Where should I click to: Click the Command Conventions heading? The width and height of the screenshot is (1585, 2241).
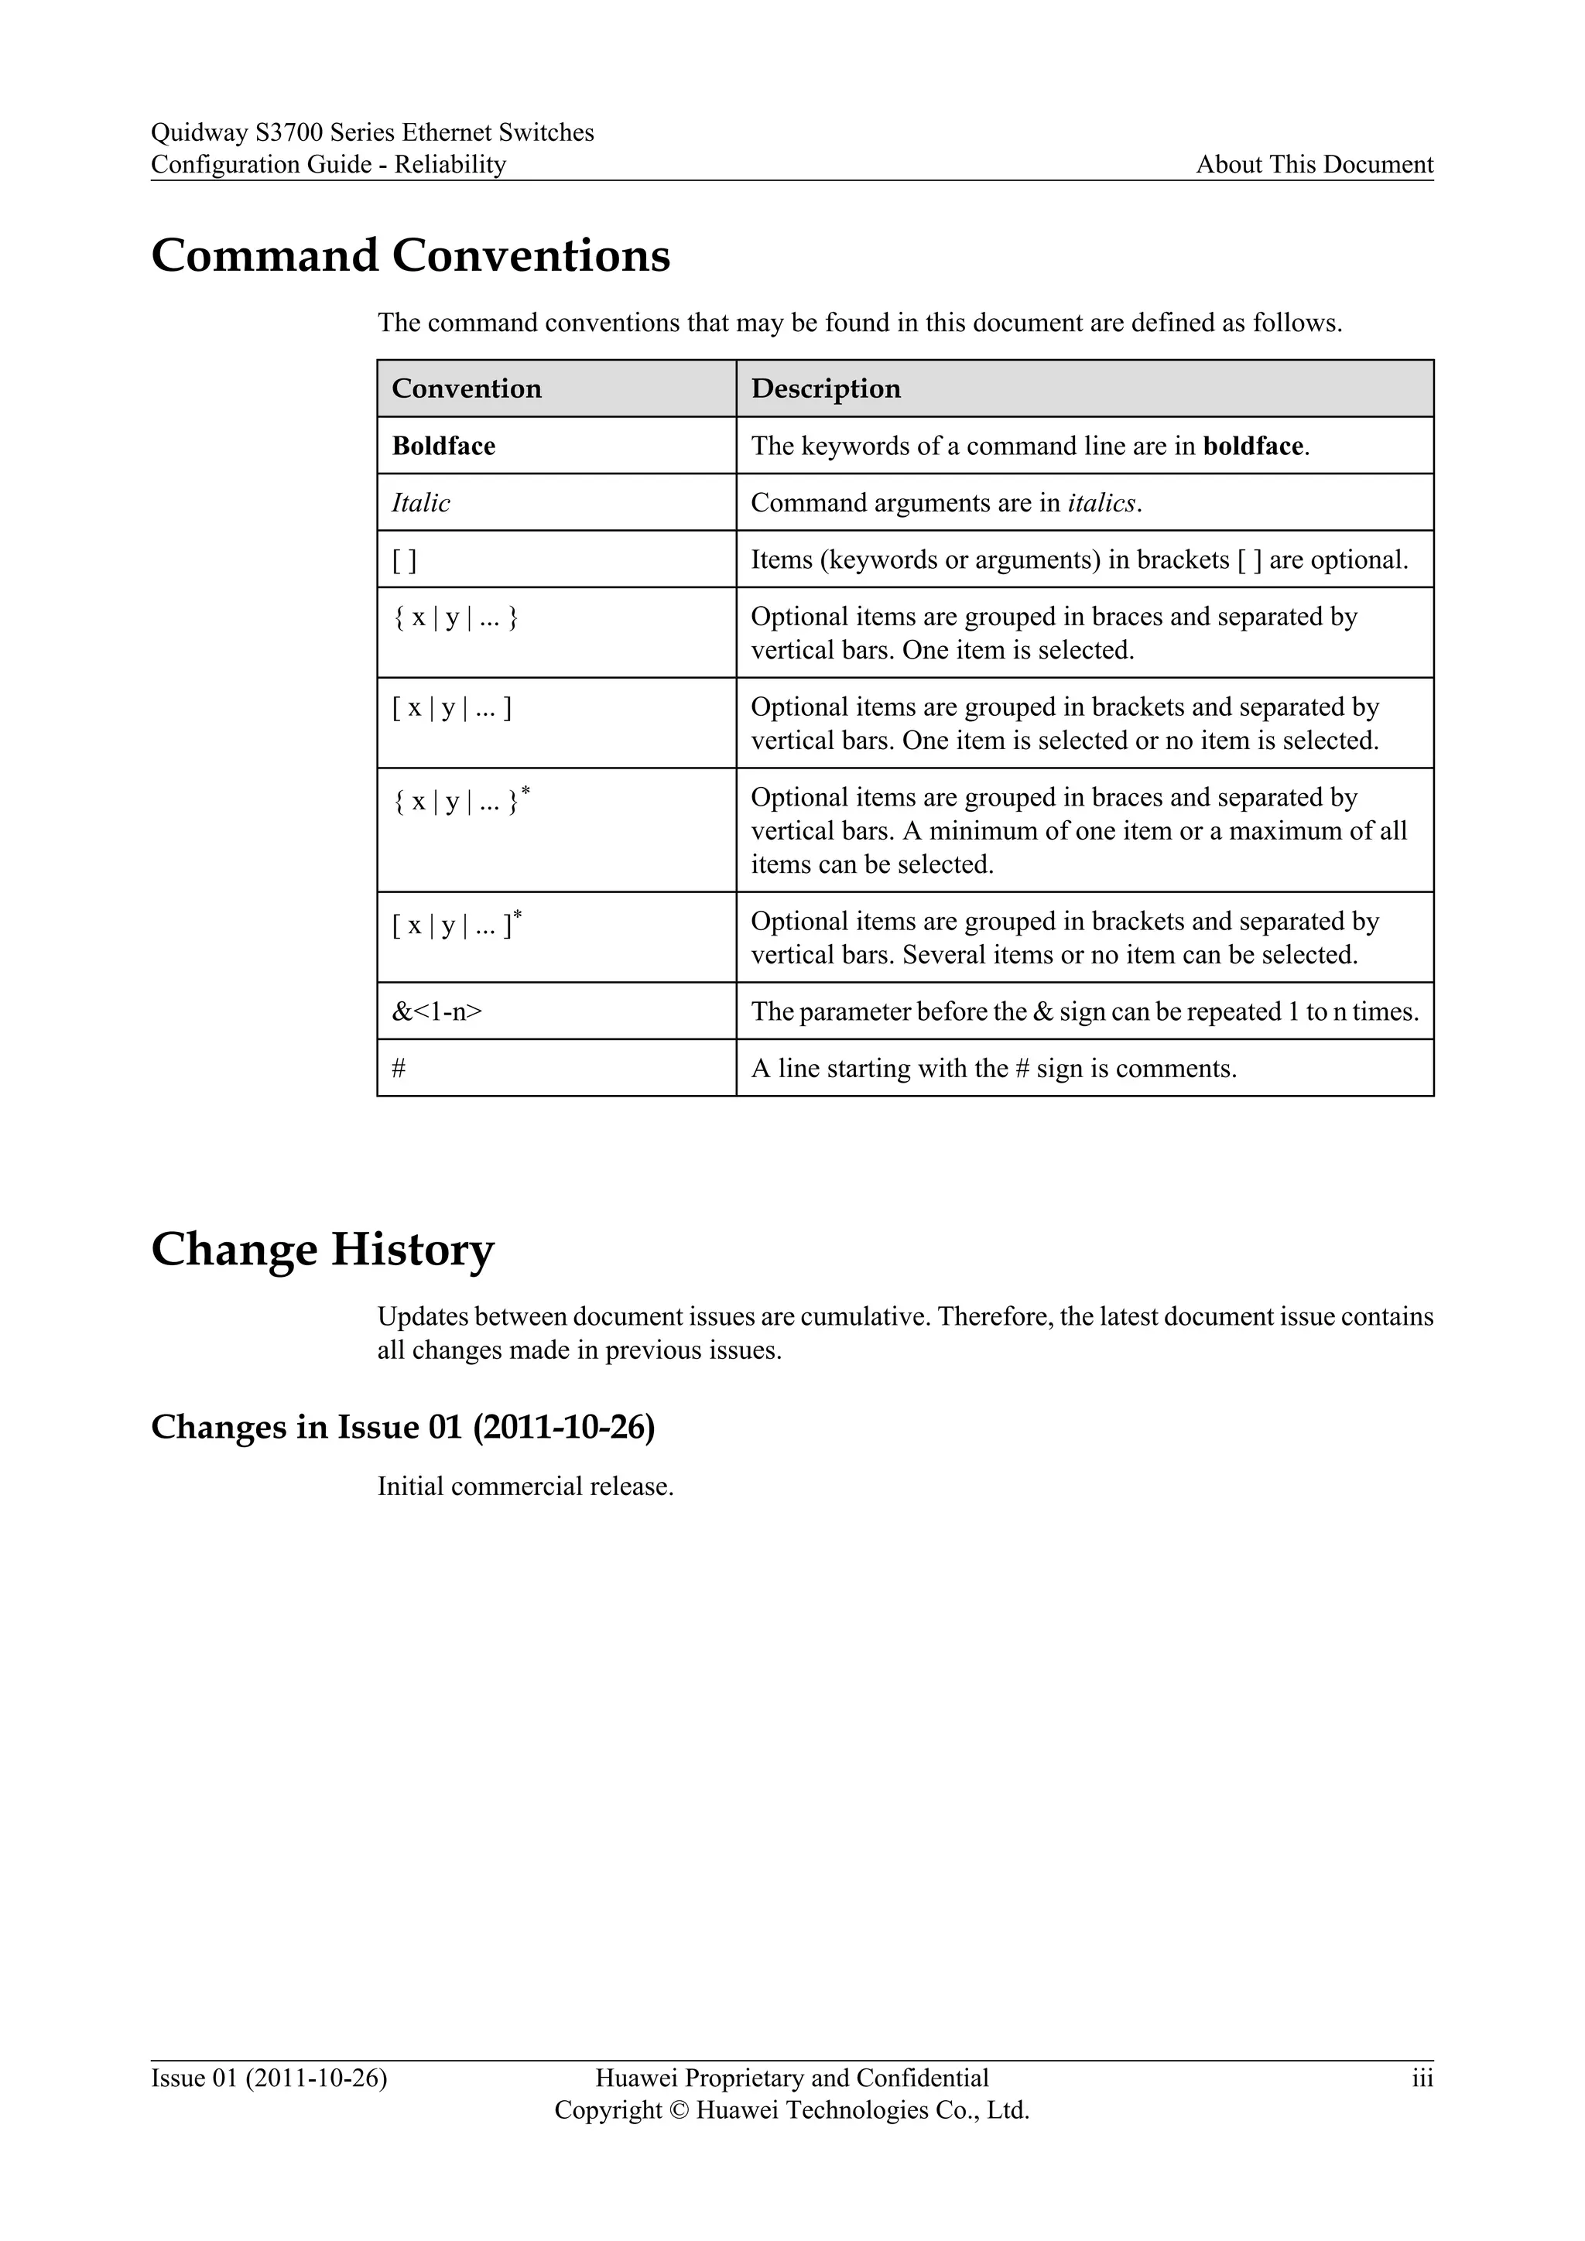[x=410, y=255]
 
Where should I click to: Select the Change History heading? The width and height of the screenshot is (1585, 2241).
[x=322, y=1249]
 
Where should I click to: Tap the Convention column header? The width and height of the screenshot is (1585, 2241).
[x=466, y=388]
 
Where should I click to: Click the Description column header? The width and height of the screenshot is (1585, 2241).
[x=826, y=388]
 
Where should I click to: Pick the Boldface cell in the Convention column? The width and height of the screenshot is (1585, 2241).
[x=443, y=446]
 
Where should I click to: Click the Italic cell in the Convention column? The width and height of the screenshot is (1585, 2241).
[x=421, y=503]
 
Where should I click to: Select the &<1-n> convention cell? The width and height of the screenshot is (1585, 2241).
[x=436, y=1011]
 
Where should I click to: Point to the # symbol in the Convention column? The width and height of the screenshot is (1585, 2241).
[x=399, y=1069]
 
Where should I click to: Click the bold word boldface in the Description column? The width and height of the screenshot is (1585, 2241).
[x=1253, y=446]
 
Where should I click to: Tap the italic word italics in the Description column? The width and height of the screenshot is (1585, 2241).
[x=1102, y=503]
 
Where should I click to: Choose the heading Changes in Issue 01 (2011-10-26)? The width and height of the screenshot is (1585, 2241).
[x=402, y=1427]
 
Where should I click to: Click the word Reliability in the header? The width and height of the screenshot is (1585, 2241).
[x=450, y=164]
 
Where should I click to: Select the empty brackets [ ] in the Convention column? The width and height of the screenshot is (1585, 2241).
[x=404, y=560]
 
